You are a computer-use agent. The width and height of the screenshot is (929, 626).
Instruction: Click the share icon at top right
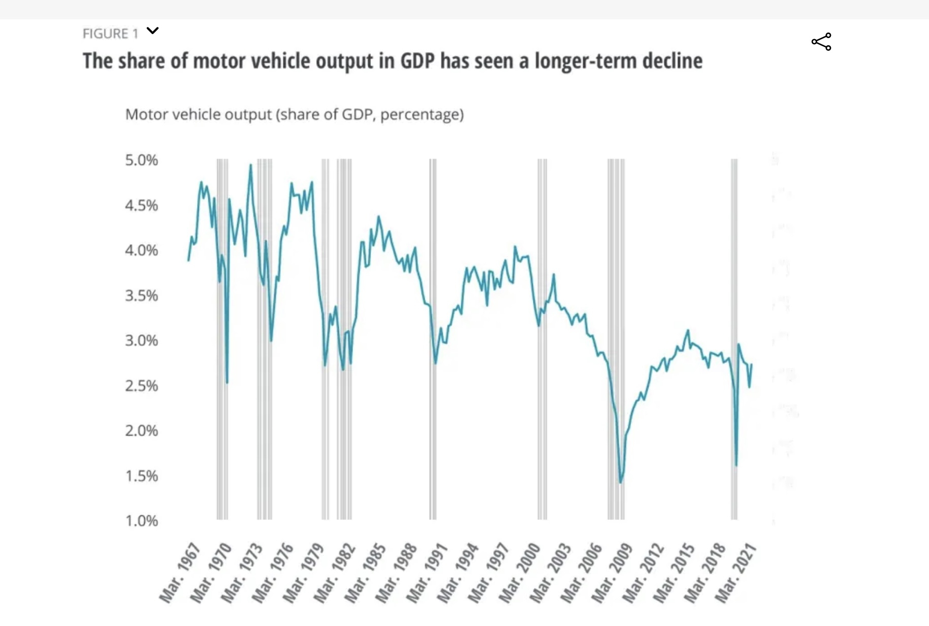[821, 42]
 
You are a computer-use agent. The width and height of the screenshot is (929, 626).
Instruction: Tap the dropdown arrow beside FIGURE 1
[152, 31]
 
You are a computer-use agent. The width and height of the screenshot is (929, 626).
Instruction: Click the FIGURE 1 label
[110, 34]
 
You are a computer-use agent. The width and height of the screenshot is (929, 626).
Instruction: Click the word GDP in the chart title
[418, 61]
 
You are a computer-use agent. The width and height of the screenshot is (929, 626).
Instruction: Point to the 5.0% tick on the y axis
[141, 160]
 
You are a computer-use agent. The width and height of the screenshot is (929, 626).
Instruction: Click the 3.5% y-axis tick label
[141, 295]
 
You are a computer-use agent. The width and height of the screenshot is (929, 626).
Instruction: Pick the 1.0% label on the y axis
[141, 521]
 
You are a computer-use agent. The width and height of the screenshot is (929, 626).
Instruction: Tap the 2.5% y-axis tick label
[141, 386]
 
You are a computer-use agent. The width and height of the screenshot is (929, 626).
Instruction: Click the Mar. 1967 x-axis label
[180, 573]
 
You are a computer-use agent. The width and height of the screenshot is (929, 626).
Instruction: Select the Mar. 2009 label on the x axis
[613, 573]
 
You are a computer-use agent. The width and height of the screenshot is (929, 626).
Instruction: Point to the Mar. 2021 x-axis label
[736, 573]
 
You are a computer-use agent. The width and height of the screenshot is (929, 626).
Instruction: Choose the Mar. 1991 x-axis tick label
[427, 573]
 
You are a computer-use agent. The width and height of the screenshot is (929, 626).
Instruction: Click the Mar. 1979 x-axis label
[304, 573]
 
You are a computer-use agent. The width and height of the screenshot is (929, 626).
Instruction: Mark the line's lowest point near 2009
[621, 482]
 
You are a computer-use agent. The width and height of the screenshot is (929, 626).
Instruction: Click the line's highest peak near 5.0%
[250, 165]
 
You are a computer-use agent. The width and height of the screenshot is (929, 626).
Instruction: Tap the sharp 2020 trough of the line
[736, 465]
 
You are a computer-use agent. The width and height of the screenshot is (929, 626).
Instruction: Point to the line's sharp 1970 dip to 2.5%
[227, 382]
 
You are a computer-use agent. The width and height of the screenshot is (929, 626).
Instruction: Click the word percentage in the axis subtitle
[421, 115]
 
